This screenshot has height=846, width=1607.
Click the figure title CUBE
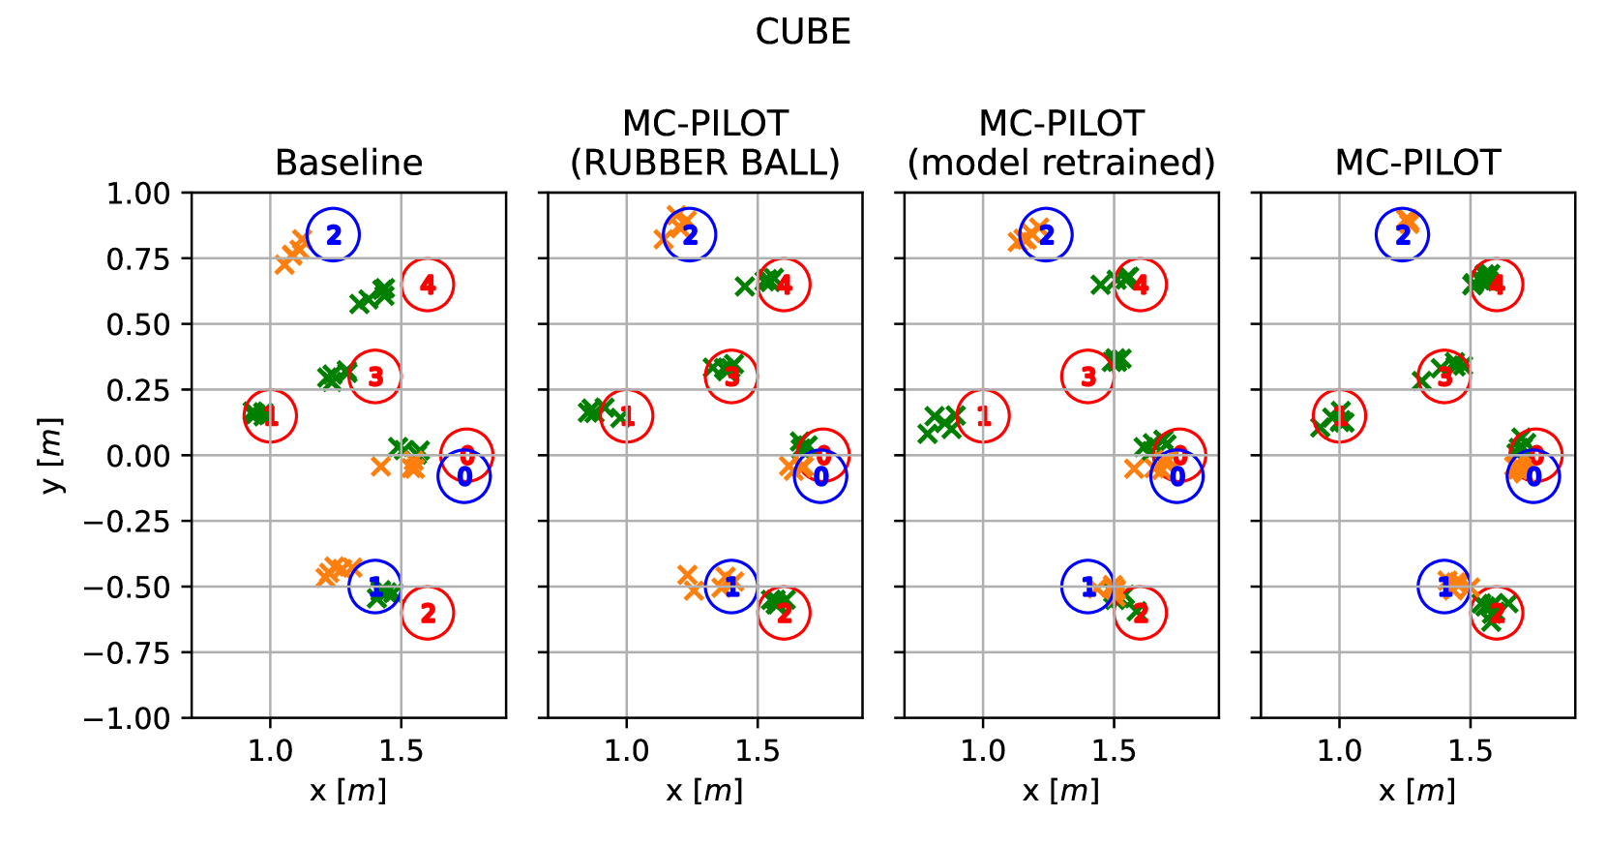coord(803,32)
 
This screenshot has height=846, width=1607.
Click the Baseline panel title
coord(348,163)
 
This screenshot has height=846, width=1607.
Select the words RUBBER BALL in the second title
coord(704,163)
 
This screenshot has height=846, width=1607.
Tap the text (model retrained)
coord(1061,163)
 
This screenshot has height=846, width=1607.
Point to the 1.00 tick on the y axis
coord(137,194)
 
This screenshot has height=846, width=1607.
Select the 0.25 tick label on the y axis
coord(137,390)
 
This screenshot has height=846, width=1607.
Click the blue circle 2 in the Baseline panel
coord(333,234)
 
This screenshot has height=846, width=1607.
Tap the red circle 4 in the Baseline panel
coord(428,285)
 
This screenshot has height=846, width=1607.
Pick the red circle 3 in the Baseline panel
coord(375,377)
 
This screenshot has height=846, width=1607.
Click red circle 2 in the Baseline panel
coord(428,613)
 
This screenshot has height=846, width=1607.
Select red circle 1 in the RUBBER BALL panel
coord(627,416)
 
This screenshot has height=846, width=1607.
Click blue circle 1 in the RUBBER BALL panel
coord(731,587)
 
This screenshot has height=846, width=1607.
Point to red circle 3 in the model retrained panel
coord(1087,377)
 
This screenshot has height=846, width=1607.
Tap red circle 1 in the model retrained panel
coord(983,416)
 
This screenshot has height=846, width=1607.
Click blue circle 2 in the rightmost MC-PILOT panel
coord(1403,234)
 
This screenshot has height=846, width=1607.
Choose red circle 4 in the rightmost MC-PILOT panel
coord(1497,285)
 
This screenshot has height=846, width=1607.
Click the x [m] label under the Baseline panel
coord(348,791)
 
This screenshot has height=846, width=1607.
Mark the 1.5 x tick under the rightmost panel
coord(1471,751)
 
